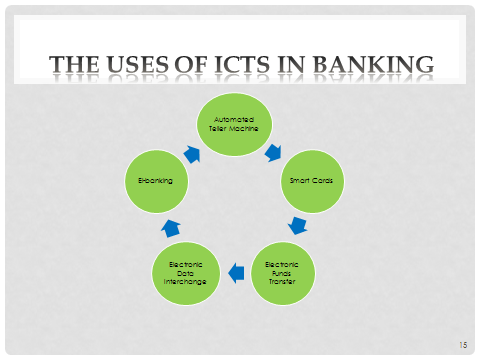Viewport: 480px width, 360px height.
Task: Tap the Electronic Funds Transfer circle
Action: (x=282, y=271)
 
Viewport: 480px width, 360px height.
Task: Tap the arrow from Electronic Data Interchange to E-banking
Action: (x=170, y=226)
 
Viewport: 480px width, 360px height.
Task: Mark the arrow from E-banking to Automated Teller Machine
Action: (x=193, y=153)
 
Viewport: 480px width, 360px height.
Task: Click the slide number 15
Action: (x=462, y=344)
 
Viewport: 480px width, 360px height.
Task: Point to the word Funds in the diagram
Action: (x=282, y=272)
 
